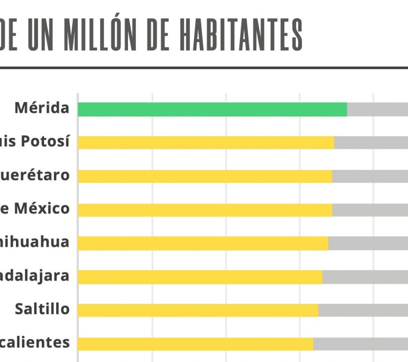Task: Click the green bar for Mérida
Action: pyautogui.click(x=212, y=109)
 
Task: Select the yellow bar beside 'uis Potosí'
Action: pyautogui.click(x=205, y=142)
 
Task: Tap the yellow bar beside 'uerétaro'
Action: pyautogui.click(x=204, y=176)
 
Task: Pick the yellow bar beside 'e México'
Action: pyautogui.click(x=204, y=210)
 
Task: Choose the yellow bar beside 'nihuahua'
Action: pyautogui.click(x=203, y=243)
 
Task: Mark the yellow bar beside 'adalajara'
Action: pyautogui.click(x=200, y=277)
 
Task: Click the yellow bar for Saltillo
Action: pyautogui.click(x=197, y=310)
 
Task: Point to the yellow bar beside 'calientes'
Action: pyautogui.click(x=195, y=344)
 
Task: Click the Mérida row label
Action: pyautogui.click(x=42, y=108)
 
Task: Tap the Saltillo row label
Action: pyautogui.click(x=42, y=309)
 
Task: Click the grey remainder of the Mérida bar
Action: pyautogui.click(x=378, y=109)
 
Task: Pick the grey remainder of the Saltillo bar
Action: pyautogui.click(x=363, y=310)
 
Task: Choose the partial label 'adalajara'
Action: pyautogui.click(x=35, y=276)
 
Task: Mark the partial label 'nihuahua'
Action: pyautogui.click(x=35, y=242)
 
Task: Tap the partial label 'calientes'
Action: pyautogui.click(x=35, y=343)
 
